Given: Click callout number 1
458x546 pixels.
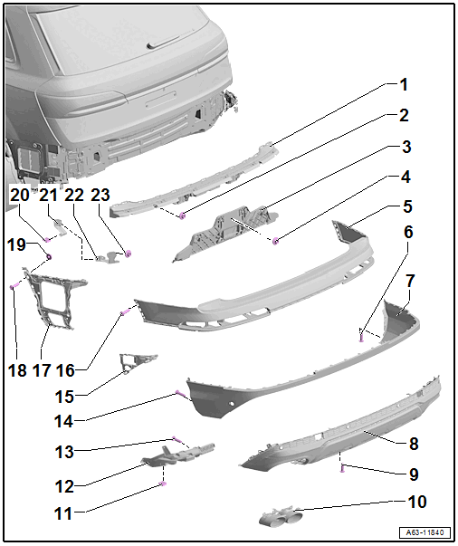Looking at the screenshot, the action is click(x=404, y=84).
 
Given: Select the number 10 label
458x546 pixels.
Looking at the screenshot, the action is click(x=417, y=502).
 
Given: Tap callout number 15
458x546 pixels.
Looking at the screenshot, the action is click(x=64, y=397).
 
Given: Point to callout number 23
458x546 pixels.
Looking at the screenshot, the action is click(x=100, y=195).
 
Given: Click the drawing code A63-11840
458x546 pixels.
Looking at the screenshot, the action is click(x=425, y=532).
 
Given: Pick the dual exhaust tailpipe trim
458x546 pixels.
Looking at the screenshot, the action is click(x=281, y=517).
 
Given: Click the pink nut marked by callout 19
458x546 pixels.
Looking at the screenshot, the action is click(x=49, y=257).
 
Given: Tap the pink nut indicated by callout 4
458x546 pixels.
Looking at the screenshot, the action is click(x=276, y=240).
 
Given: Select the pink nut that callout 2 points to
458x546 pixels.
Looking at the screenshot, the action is click(x=182, y=216).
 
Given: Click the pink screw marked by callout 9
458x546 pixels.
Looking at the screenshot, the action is click(x=343, y=468).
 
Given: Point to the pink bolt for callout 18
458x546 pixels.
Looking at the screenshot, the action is click(x=14, y=286).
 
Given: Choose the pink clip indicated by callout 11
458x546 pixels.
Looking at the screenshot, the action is click(x=162, y=484).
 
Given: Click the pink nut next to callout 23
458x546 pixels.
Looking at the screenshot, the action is click(x=128, y=254).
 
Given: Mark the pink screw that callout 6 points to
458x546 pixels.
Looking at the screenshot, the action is click(x=361, y=337).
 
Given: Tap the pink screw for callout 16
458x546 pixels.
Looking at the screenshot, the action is click(x=125, y=312).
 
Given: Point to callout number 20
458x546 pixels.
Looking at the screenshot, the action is click(x=20, y=195).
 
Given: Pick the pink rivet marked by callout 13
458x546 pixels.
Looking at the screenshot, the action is click(x=177, y=439).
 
